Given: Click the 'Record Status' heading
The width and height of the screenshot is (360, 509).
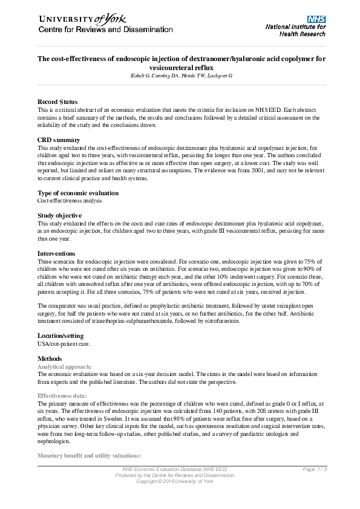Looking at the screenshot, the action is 57,101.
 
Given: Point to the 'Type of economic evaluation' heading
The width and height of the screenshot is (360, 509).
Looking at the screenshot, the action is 78,193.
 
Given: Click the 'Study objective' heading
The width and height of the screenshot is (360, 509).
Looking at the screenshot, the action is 59,215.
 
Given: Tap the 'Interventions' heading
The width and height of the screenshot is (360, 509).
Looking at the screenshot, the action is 56,253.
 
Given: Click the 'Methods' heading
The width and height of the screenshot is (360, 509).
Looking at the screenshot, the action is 50,358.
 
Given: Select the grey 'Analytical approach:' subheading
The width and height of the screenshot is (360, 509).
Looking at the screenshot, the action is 65,367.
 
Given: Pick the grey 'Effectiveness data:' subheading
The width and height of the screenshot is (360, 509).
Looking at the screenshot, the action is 62,395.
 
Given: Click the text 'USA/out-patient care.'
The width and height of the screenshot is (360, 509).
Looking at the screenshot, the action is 64,343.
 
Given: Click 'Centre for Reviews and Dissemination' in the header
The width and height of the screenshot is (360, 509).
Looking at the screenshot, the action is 105,30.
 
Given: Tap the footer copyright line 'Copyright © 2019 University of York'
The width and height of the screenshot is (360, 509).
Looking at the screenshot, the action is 180,481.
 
